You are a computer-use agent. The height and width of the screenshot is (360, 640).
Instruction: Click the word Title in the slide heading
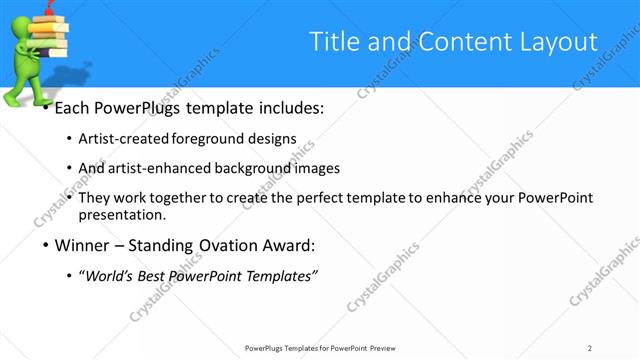pyautogui.click(x=333, y=41)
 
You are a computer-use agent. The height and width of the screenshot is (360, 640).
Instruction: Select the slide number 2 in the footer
pyautogui.click(x=590, y=348)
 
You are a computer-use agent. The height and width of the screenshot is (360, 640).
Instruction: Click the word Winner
pyautogui.click(x=79, y=246)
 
